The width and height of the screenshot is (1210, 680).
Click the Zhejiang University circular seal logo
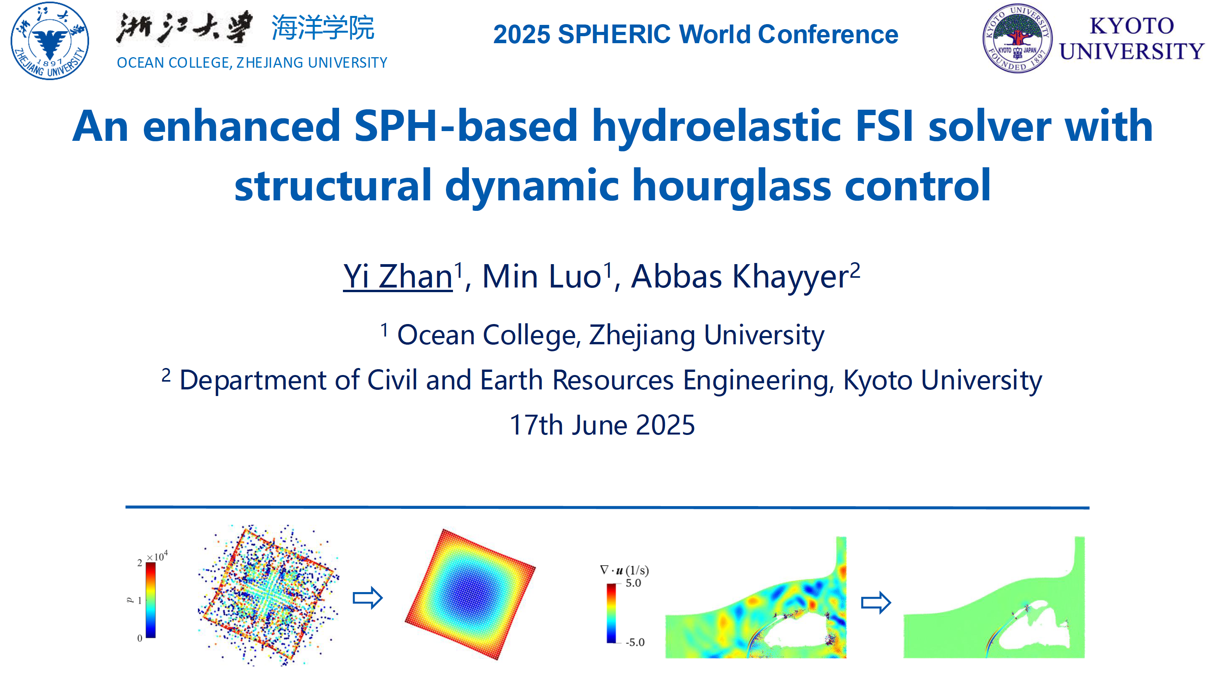(x=49, y=41)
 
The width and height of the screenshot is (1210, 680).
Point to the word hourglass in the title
(x=732, y=186)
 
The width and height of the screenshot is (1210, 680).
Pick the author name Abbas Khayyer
(x=740, y=277)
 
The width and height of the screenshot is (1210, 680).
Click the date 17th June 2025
(x=602, y=425)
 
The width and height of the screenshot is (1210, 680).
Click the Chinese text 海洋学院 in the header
(x=323, y=28)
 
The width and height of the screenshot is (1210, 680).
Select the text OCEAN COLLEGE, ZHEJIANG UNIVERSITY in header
(x=252, y=63)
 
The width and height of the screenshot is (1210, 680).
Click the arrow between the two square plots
(x=368, y=598)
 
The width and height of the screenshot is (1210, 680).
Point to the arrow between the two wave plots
(x=876, y=603)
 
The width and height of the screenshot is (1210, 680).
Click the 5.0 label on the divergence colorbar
(x=633, y=583)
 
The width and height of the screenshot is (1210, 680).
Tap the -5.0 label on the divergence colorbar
(x=635, y=642)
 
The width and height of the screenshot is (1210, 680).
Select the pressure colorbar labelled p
(x=150, y=600)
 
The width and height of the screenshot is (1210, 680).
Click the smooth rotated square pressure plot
(x=470, y=594)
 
